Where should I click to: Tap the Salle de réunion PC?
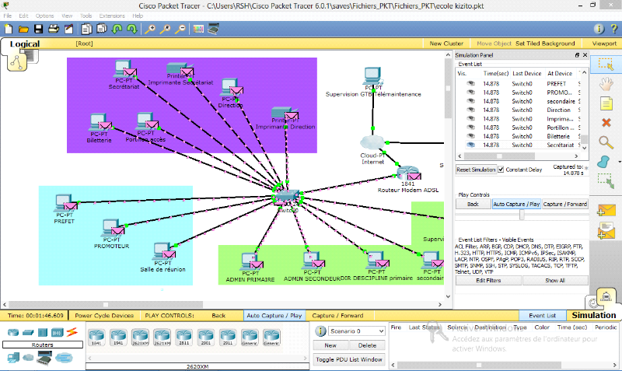point(162,252)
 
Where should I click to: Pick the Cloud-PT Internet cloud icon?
point(373,142)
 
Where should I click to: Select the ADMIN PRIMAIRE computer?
point(250,260)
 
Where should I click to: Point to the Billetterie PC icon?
point(98,123)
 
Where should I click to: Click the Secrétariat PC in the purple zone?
point(122,69)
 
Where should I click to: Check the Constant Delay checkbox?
point(501,170)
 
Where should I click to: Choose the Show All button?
point(554,280)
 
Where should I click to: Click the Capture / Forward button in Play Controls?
point(564,204)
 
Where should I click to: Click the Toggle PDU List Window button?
point(349,359)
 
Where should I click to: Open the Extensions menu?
point(112,16)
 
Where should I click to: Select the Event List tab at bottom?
point(542,316)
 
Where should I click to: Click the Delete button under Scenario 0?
point(367,345)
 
